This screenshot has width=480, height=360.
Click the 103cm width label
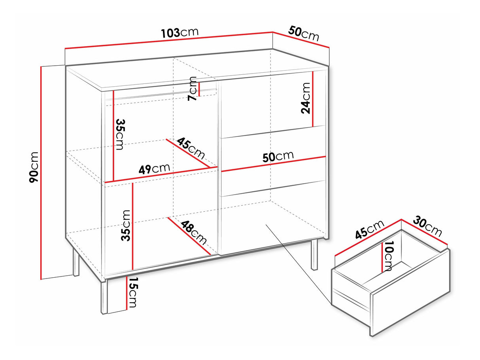[x=180, y=32]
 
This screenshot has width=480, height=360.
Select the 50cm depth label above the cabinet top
[x=304, y=34]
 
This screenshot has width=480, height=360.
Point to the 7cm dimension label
[x=193, y=88]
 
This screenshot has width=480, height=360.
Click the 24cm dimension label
[x=306, y=98]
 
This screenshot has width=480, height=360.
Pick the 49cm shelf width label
[x=154, y=169]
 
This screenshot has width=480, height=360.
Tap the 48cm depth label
[x=194, y=233]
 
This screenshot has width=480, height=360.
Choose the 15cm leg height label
[x=132, y=292]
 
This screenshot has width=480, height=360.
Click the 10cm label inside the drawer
[x=389, y=256]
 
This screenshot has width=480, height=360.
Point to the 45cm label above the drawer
[x=370, y=229]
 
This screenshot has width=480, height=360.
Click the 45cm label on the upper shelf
[x=191, y=148]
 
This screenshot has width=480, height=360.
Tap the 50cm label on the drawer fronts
[x=278, y=156]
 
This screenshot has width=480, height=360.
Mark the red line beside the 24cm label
[x=313, y=99]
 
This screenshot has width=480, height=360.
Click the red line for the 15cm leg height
[x=127, y=293]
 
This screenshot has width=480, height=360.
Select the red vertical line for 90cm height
[x=41, y=172]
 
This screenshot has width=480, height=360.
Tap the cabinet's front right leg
[x=314, y=254]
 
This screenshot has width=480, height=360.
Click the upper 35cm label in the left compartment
[x=120, y=134]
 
